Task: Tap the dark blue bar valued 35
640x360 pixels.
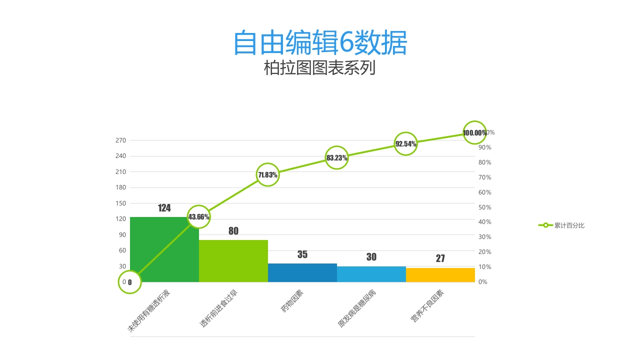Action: click(302, 272)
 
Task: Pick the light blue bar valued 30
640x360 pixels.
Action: click(371, 274)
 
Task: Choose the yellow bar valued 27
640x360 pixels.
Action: click(440, 275)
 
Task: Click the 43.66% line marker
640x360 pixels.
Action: click(198, 216)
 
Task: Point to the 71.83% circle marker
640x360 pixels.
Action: click(267, 174)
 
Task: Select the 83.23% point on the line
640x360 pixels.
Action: click(336, 157)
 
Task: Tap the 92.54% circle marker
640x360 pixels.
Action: click(405, 143)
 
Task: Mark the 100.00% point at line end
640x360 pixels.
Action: click(474, 132)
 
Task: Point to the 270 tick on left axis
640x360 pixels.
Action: click(120, 140)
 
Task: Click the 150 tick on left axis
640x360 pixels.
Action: click(120, 203)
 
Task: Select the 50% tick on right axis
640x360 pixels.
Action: click(485, 207)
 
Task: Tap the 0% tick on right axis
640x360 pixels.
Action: click(483, 282)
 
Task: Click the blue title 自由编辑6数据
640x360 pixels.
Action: click(320, 43)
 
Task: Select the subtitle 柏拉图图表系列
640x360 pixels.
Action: click(319, 68)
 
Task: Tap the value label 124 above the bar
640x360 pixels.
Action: click(164, 208)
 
